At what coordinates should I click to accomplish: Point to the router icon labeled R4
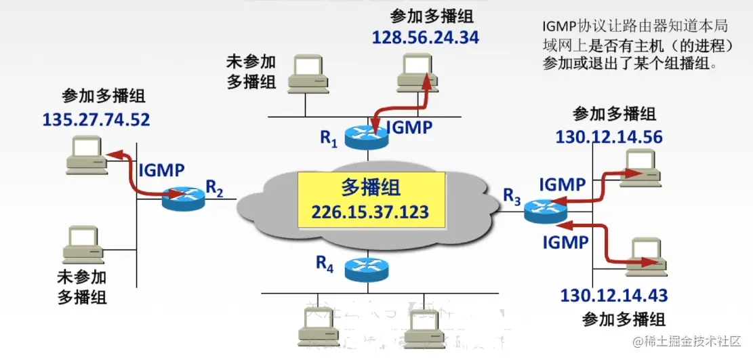pos(366,270)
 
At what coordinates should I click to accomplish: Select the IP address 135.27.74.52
pos(96,120)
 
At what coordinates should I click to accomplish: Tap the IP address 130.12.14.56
pos(609,137)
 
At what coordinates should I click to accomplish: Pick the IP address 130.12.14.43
pos(613,296)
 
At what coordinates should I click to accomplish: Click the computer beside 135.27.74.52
pos(86,155)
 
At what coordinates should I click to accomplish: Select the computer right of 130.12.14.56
pos(640,167)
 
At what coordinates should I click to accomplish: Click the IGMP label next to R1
pos(409,127)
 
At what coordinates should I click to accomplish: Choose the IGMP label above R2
pos(161,170)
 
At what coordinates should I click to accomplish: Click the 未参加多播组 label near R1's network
pos(251,72)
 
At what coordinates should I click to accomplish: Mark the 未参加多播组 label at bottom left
pos(82,287)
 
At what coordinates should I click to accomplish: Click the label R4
pos(325,264)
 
